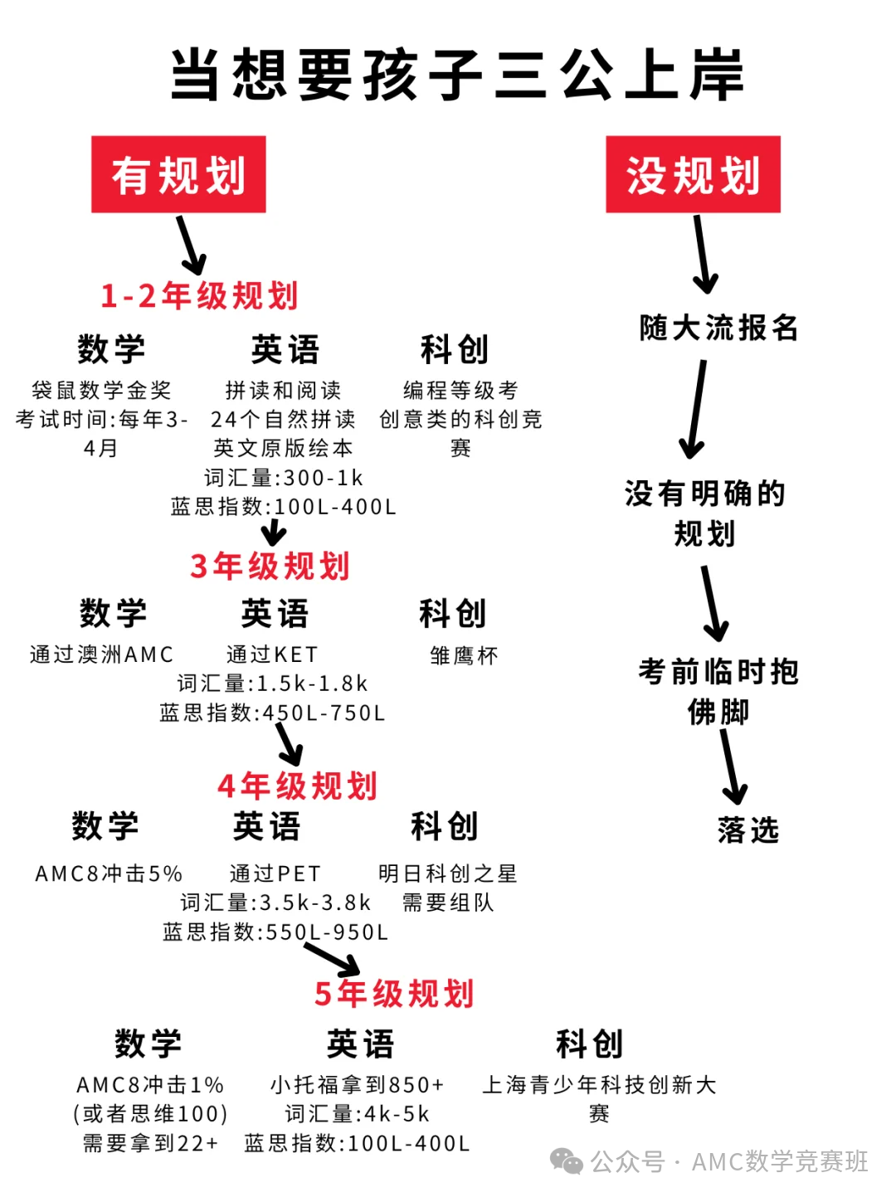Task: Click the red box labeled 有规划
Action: pyautogui.click(x=178, y=175)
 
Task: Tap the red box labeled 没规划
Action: pyautogui.click(x=693, y=175)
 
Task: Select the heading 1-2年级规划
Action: pyautogui.click(x=199, y=296)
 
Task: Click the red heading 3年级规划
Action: pyautogui.click(x=270, y=567)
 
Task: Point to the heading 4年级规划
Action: pyautogui.click(x=298, y=786)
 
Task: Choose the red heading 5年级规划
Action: pyautogui.click(x=394, y=993)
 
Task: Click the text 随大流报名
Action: pyautogui.click(x=718, y=328)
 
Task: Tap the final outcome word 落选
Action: pyautogui.click(x=748, y=830)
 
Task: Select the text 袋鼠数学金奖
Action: pyautogui.click(x=102, y=390)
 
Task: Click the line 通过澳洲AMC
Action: pyautogui.click(x=102, y=654)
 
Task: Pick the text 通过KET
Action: pyautogui.click(x=272, y=654)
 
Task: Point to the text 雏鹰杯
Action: pyautogui.click(x=465, y=656)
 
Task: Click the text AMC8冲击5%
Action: pyautogui.click(x=109, y=873)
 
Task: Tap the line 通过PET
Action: pyautogui.click(x=275, y=873)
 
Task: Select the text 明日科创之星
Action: pyautogui.click(x=448, y=873)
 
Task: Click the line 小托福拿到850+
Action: pyautogui.click(x=358, y=1085)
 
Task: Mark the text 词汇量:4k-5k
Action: pyautogui.click(x=358, y=1114)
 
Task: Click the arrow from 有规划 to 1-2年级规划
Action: pyautogui.click(x=191, y=245)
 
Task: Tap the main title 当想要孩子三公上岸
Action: pyautogui.click(x=457, y=75)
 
